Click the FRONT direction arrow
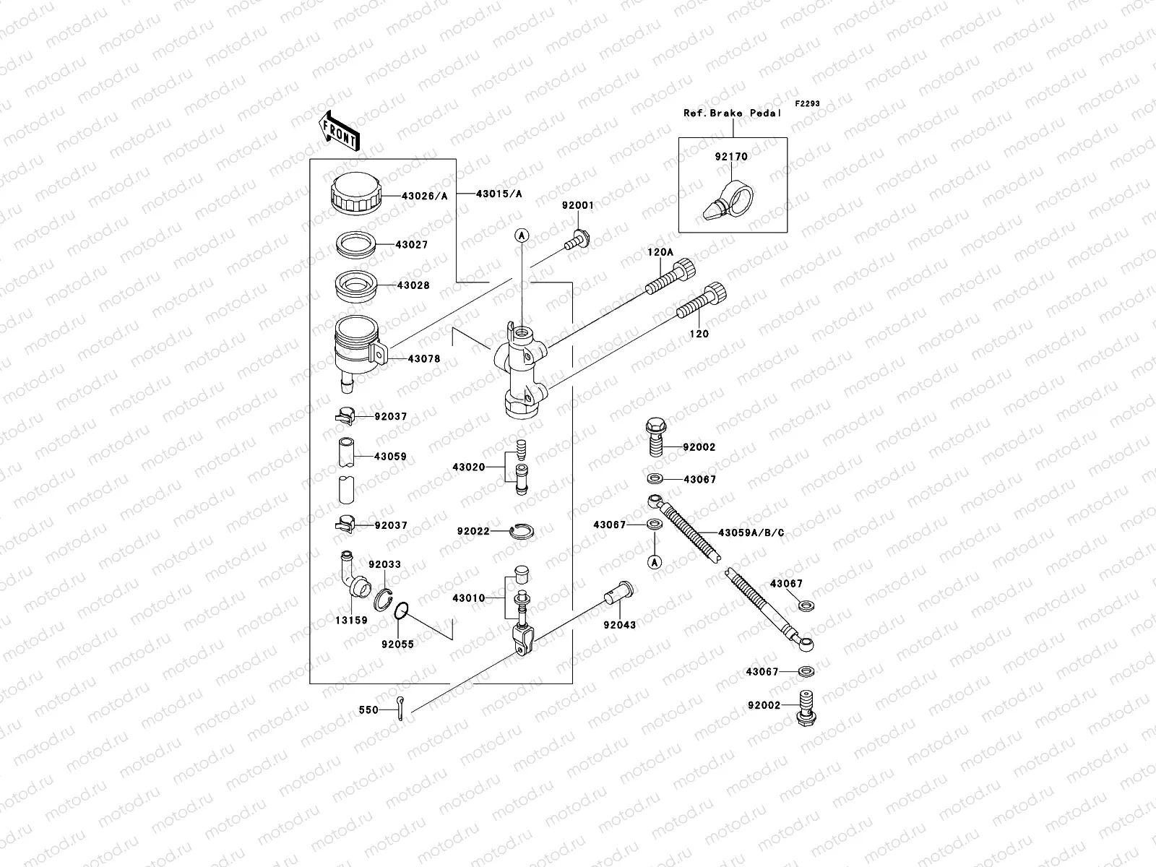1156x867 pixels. point(341,130)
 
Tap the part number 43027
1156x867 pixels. point(411,245)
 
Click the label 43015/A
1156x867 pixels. point(499,194)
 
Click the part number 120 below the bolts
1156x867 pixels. point(699,334)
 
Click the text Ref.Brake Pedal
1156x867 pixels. point(733,113)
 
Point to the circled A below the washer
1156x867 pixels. point(654,561)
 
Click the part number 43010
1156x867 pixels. point(468,598)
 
